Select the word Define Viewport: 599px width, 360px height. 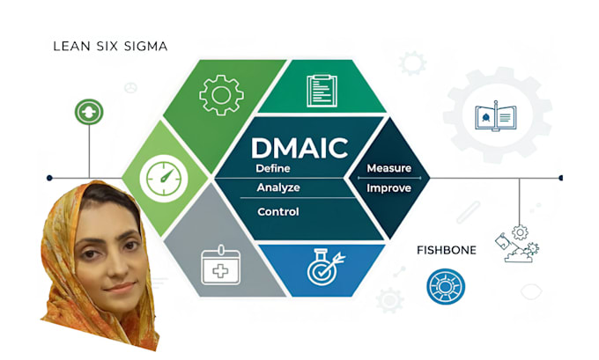point(273,167)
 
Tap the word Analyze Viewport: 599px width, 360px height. point(278,187)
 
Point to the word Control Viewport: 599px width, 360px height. point(277,211)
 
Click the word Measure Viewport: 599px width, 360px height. point(388,167)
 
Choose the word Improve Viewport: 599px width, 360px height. point(388,187)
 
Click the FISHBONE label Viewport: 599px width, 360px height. point(446,251)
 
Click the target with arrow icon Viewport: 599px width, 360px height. point(323,267)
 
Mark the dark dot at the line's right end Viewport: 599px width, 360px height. point(560,178)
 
